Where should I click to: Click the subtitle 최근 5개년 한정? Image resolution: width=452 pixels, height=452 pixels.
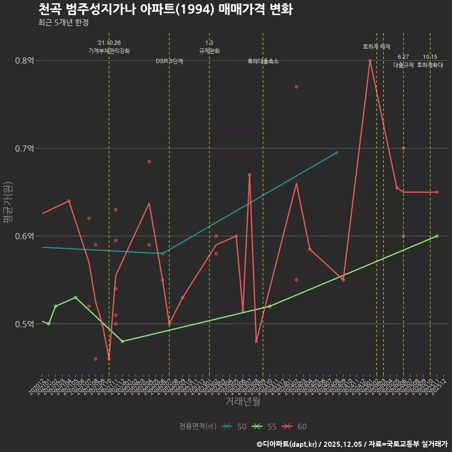63,23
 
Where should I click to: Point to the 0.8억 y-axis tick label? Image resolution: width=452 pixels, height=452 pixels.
24,60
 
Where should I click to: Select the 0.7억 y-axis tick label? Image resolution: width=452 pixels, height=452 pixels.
24,148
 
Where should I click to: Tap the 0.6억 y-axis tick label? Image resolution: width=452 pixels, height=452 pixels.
24,236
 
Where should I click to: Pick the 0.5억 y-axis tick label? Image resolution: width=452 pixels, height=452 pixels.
24,324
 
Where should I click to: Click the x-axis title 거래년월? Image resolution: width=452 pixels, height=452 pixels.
242,402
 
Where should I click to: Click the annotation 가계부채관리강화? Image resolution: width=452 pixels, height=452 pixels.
109,51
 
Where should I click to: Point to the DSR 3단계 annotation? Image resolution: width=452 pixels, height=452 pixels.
169,61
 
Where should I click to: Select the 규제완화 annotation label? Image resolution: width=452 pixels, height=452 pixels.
210,51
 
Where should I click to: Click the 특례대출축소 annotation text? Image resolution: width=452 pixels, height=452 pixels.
263,61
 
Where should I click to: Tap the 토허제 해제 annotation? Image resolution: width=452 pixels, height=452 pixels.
377,47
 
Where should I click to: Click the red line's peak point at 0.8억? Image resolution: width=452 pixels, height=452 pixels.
370,60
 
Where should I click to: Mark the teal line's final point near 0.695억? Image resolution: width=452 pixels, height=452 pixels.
336,153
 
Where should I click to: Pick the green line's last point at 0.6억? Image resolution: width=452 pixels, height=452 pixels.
437,236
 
